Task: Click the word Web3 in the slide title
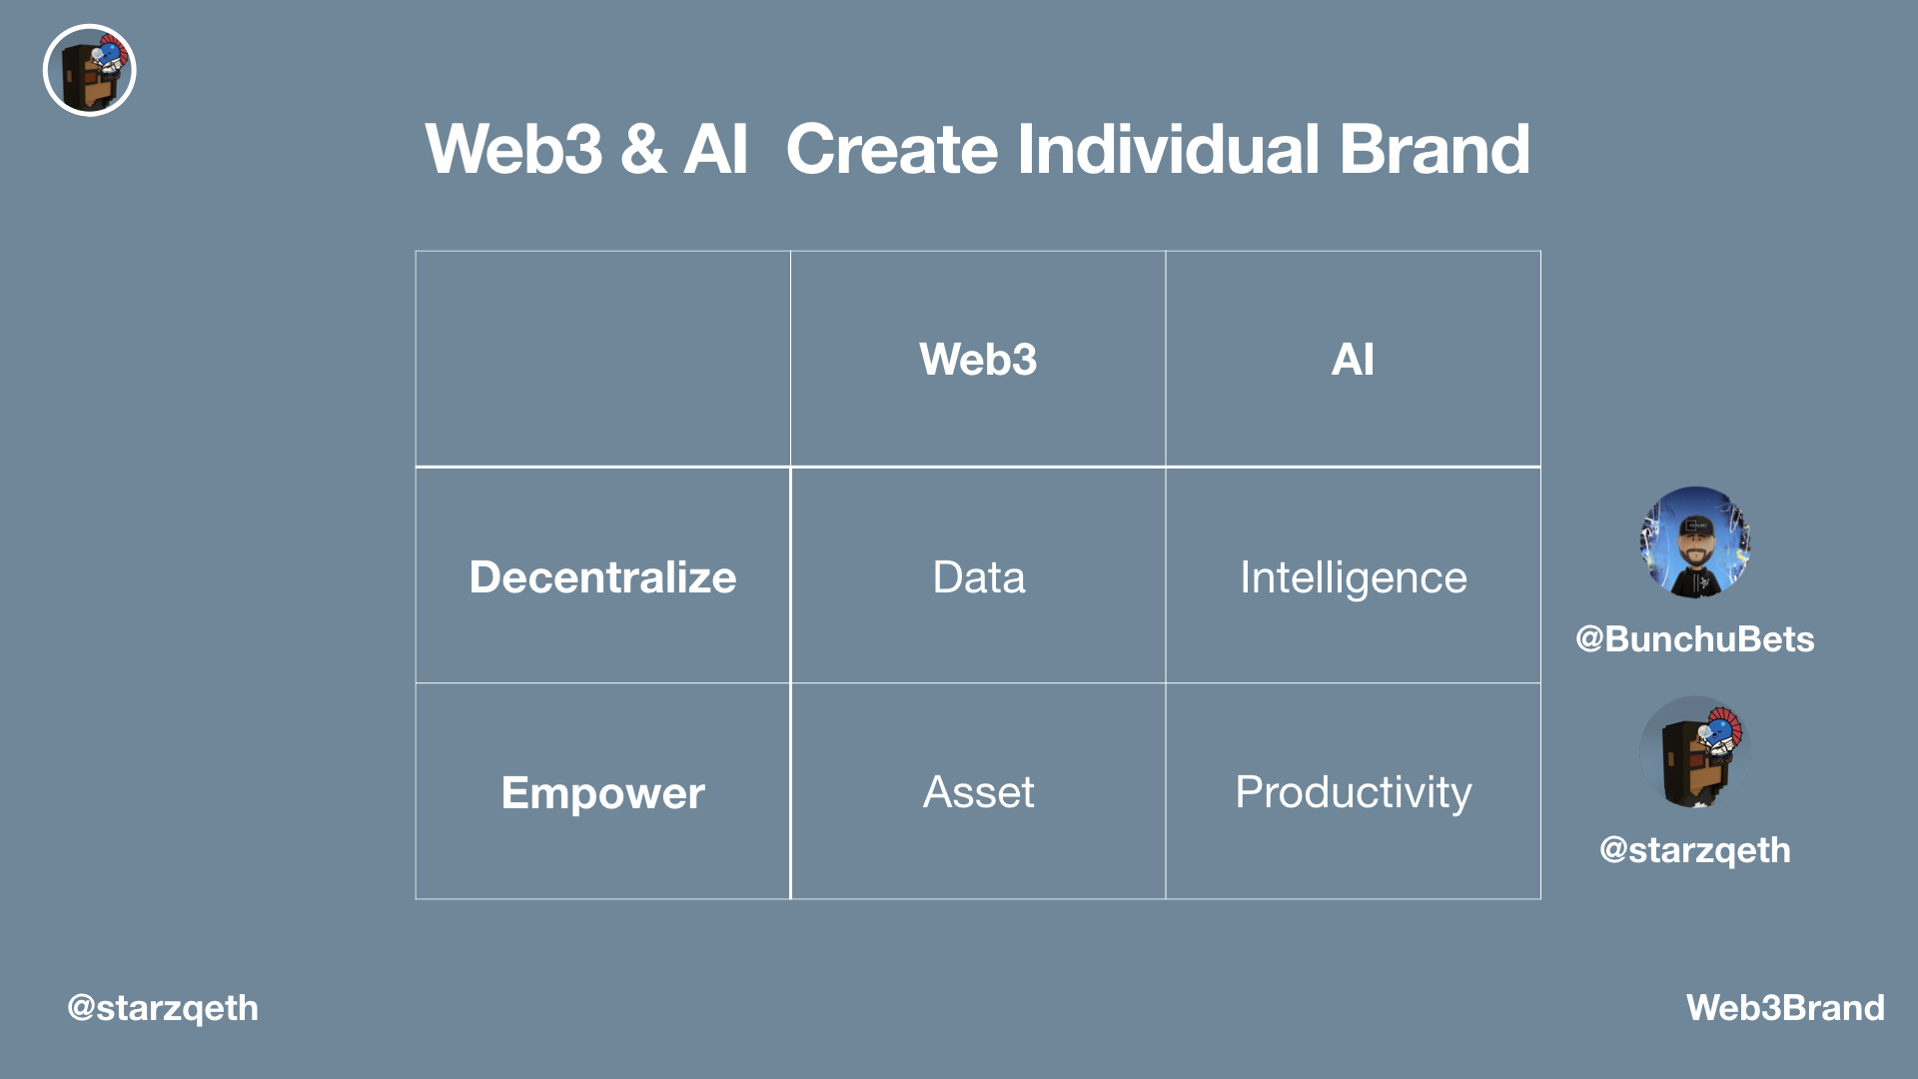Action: tap(513, 150)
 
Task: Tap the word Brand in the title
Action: tap(1434, 150)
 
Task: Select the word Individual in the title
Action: tap(1168, 150)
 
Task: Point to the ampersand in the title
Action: tap(642, 150)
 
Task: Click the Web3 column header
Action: tap(978, 360)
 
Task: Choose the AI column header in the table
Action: tap(1353, 360)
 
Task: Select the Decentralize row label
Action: tap(602, 577)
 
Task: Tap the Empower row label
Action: tap(602, 793)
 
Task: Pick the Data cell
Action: tap(978, 577)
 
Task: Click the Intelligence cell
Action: tap(1353, 577)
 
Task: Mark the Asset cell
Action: tap(978, 792)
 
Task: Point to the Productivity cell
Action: tap(1353, 792)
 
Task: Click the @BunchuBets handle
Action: tap(1694, 639)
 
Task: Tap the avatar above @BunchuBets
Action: tap(1694, 542)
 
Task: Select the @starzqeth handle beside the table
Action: tap(1694, 850)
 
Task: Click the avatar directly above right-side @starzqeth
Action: tap(1694, 752)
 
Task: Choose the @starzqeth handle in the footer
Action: tap(163, 1008)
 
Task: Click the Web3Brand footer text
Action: tap(1785, 1008)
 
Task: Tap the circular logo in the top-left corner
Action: tap(90, 71)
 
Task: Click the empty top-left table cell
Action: tap(602, 360)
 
